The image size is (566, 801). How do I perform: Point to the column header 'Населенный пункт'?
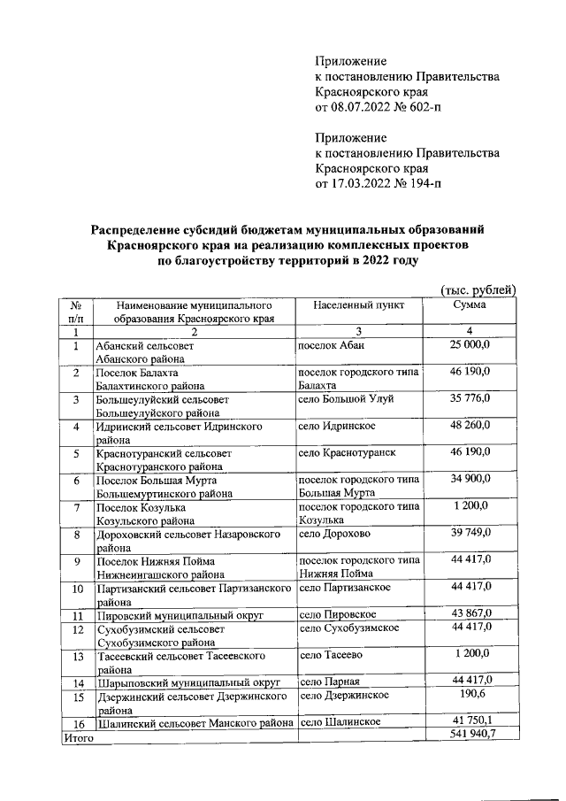(x=358, y=304)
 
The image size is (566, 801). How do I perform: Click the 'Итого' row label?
(x=78, y=736)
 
